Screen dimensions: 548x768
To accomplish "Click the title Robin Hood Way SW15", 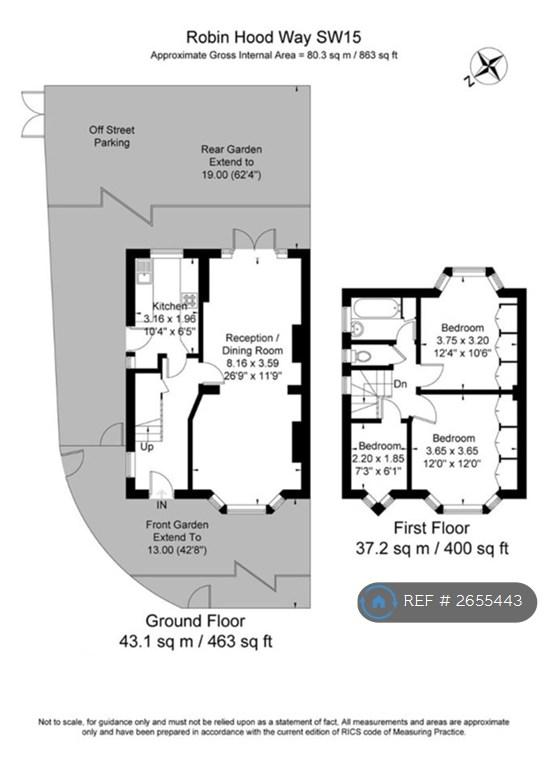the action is [x=274, y=37].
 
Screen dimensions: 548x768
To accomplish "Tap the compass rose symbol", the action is [x=488, y=67].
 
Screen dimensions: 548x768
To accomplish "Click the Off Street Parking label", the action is [x=112, y=136].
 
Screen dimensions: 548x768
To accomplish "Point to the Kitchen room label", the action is [x=169, y=306].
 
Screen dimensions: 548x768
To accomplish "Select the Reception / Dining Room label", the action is [x=252, y=344].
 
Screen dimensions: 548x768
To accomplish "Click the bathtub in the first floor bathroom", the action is [x=376, y=309].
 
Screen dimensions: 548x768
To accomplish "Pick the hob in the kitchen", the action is [x=189, y=299].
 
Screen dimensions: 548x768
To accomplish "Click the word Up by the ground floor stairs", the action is [x=146, y=447].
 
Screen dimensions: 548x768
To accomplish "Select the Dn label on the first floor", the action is [x=401, y=384].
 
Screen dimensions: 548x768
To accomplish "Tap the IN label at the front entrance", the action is [x=162, y=504].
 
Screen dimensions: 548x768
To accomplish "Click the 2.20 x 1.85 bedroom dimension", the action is [x=379, y=458].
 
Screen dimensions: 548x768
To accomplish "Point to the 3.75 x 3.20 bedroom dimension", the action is [x=462, y=340].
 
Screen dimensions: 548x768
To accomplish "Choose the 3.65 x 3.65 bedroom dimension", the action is [x=452, y=451].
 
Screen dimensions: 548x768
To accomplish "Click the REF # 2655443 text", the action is [x=463, y=600].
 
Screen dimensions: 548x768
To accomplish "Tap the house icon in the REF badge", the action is [x=378, y=601].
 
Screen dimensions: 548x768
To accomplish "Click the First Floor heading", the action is [x=432, y=528].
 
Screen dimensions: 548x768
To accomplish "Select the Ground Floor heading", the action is [x=195, y=621].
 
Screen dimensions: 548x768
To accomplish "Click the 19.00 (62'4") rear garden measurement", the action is [x=232, y=175].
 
